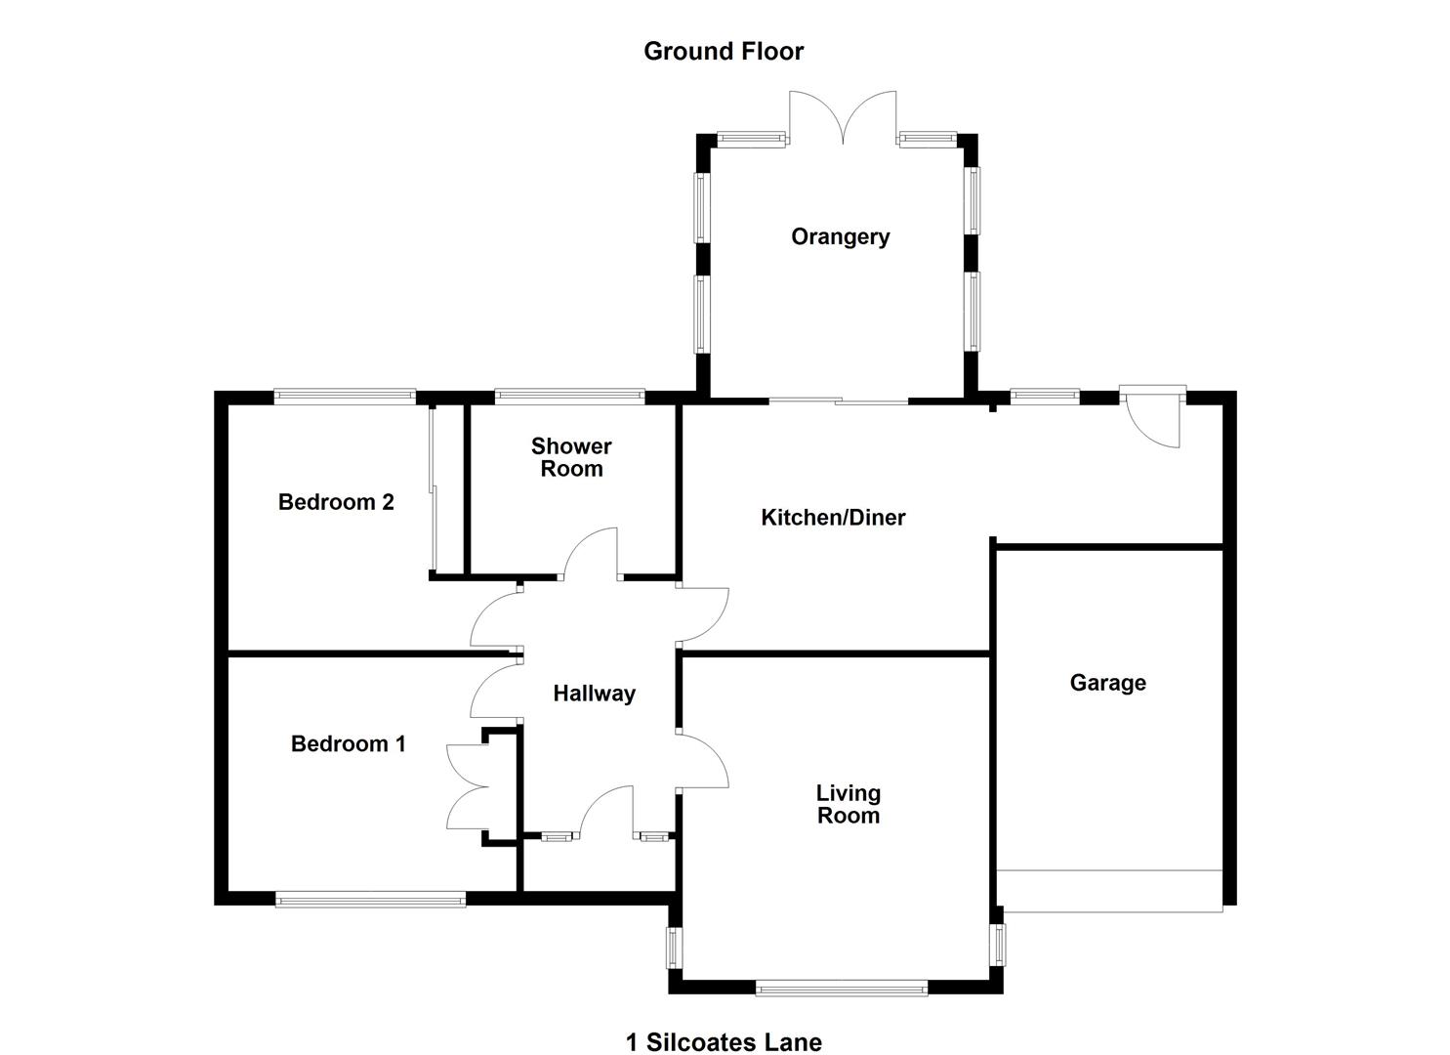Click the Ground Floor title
tap(724, 52)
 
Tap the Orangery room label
tap(840, 237)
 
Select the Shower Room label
tap(571, 457)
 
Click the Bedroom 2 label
tap(336, 502)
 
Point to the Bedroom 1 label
tap(348, 744)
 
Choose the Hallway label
tap(594, 694)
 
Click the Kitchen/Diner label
tap(833, 518)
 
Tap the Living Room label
tap(848, 805)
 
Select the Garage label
tap(1107, 683)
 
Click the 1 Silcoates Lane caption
tap(724, 1042)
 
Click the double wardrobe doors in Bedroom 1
tap(467, 785)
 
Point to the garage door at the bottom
tap(1109, 891)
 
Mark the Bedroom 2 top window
tap(345, 396)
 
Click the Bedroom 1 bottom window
tap(370, 899)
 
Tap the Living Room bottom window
tap(841, 989)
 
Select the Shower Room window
tap(569, 396)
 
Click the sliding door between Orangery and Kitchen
tap(838, 401)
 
